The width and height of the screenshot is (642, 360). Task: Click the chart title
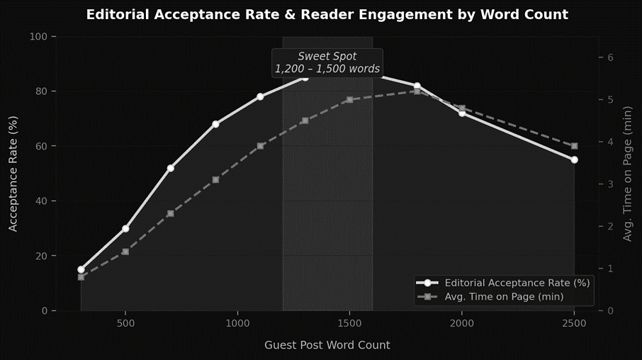[327, 14]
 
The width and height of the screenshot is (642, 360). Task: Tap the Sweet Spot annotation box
[327, 62]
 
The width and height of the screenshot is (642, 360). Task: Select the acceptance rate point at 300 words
[81, 269]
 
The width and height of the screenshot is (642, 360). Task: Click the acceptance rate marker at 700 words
[170, 168]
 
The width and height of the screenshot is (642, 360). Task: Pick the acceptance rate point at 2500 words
[574, 159]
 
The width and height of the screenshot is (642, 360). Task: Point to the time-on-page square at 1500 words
[349, 99]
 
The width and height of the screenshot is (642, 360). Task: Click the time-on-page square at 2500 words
[574, 146]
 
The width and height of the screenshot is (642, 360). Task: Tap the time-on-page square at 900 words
[215, 179]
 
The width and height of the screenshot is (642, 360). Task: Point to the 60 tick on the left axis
[41, 146]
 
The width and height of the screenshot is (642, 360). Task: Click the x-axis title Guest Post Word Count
[327, 345]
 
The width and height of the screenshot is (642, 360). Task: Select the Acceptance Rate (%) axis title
[13, 174]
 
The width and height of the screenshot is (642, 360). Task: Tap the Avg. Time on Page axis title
[627, 174]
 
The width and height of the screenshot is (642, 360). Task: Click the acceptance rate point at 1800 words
[417, 86]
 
